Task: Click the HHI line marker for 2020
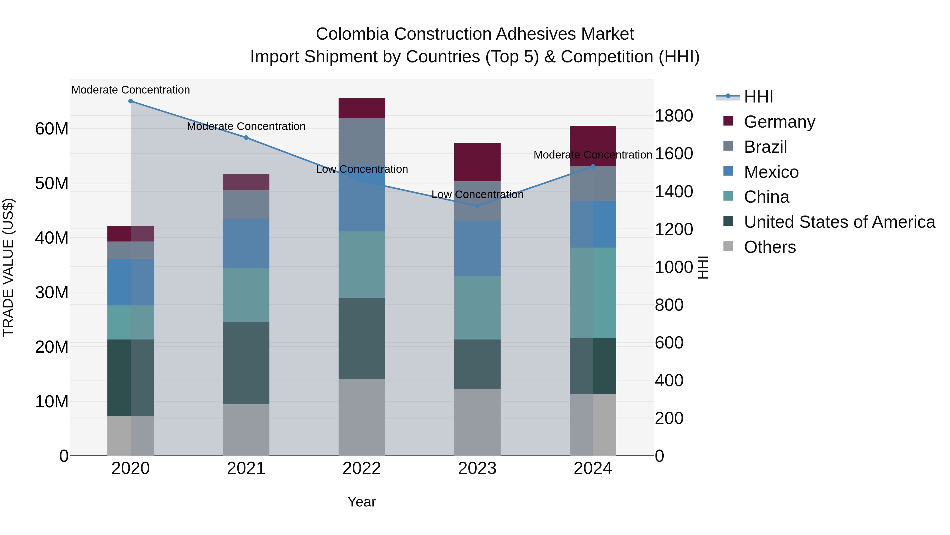click(x=131, y=101)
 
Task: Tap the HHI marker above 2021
click(x=246, y=138)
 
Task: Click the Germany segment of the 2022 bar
click(x=362, y=108)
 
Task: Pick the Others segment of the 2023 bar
click(x=477, y=422)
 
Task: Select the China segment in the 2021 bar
click(x=246, y=295)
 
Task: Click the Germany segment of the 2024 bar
click(x=593, y=140)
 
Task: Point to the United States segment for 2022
click(x=362, y=338)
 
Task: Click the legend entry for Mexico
click(x=771, y=172)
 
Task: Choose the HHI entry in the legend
click(x=758, y=97)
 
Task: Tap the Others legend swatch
click(x=728, y=246)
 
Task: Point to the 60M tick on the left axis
click(x=52, y=129)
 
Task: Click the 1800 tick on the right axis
click(x=673, y=116)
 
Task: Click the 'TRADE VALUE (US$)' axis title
click(x=8, y=267)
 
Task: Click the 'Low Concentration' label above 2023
click(x=477, y=194)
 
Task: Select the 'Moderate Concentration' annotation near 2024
click(x=593, y=155)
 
